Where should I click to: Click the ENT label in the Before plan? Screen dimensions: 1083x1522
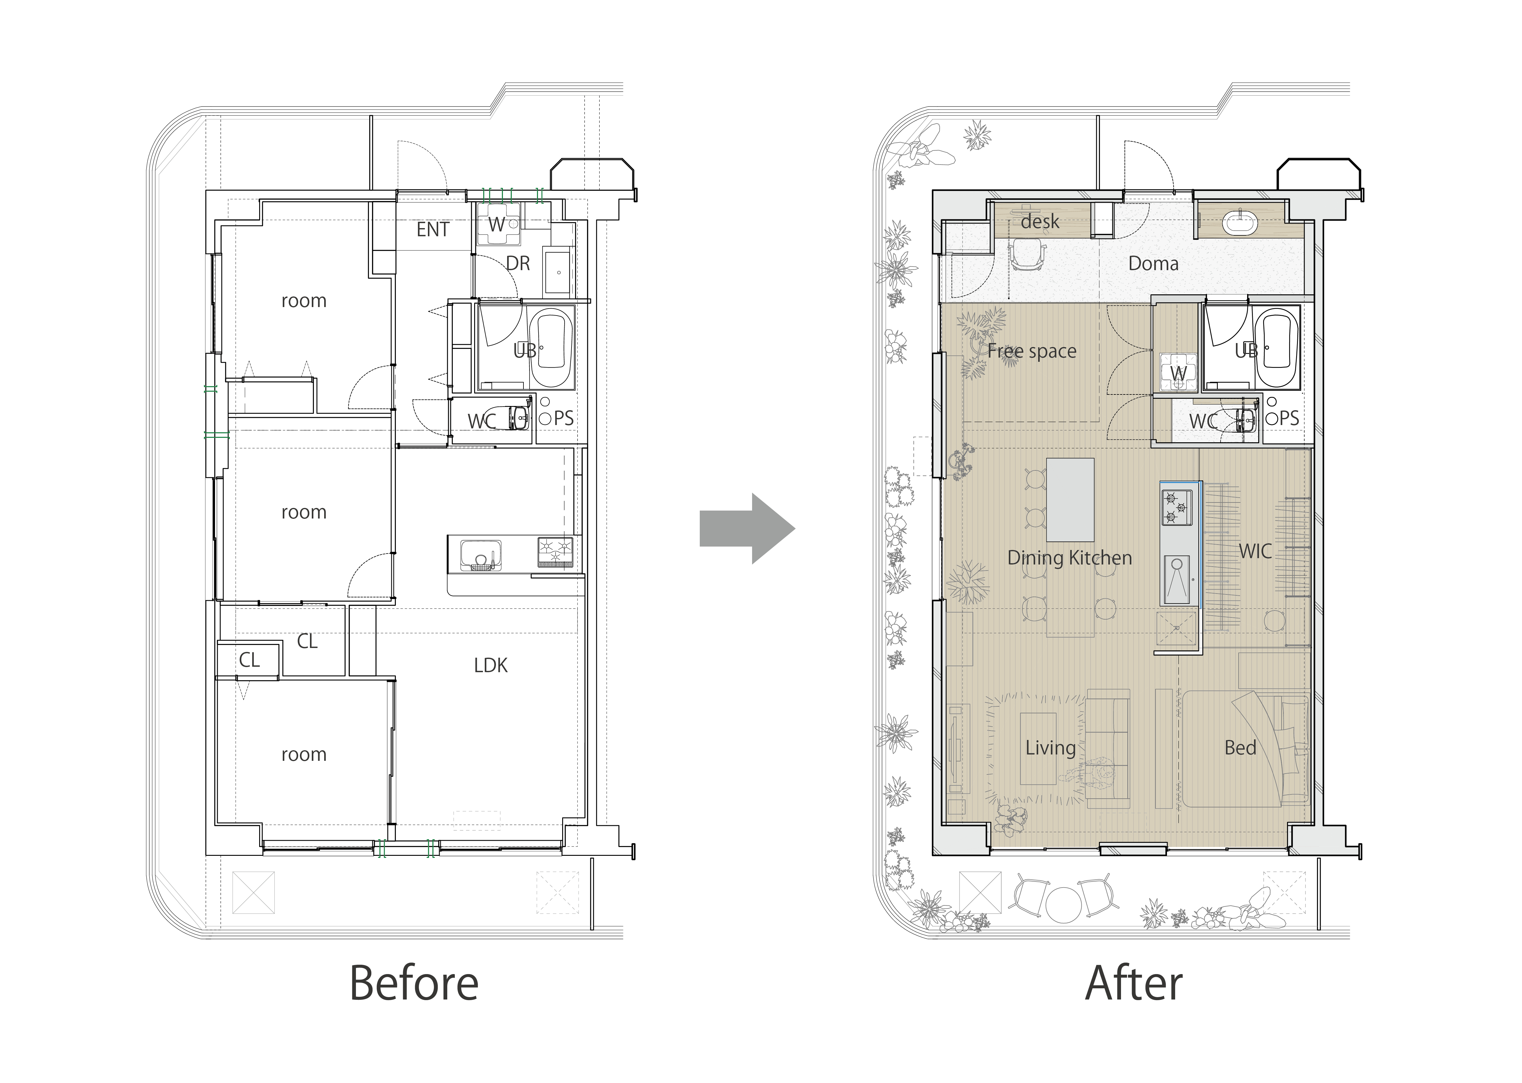click(x=433, y=229)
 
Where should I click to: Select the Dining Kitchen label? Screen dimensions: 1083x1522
click(x=1069, y=558)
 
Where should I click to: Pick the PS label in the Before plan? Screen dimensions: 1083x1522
click(x=563, y=418)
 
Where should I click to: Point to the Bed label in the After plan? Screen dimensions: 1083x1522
click(x=1240, y=748)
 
